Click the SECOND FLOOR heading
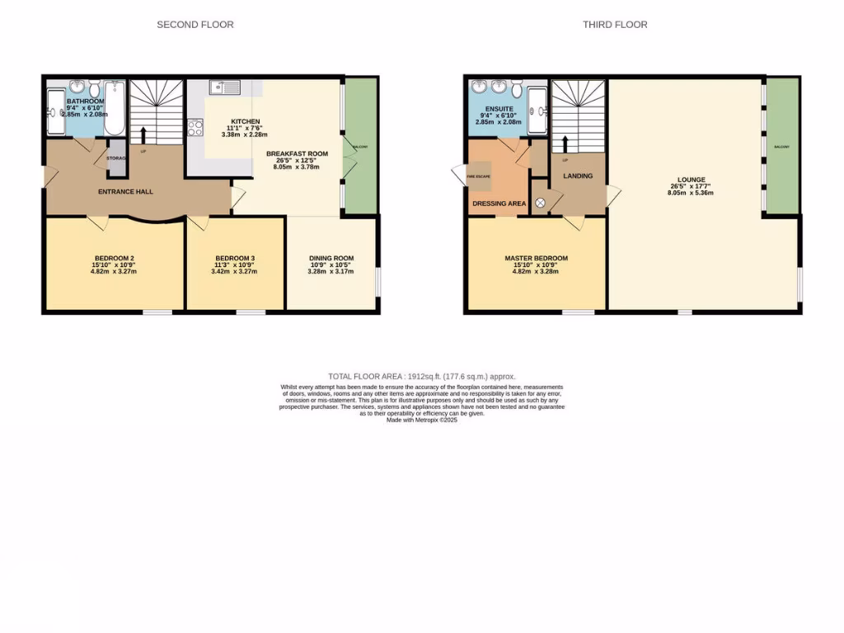click(195, 25)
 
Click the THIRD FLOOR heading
click(615, 25)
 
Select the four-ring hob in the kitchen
click(196, 127)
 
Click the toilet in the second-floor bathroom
click(95, 88)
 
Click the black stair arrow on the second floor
click(146, 135)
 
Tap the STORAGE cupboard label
click(115, 157)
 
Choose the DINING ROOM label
click(331, 258)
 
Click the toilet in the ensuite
click(517, 88)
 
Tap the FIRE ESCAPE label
click(477, 176)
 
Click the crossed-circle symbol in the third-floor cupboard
click(541, 202)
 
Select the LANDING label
click(578, 176)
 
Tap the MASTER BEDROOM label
click(536, 258)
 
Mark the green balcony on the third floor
click(782, 147)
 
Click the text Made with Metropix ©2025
click(421, 420)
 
